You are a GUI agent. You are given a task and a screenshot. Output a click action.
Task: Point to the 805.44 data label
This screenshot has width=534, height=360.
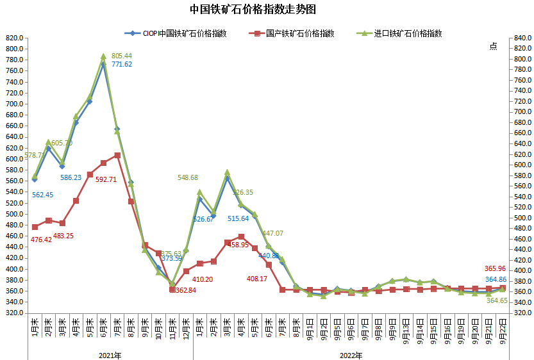[x=122, y=56]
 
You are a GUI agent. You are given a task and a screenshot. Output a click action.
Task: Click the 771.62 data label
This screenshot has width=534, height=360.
[x=122, y=64]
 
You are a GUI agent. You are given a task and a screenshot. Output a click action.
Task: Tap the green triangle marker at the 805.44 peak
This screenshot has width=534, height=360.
[x=103, y=56]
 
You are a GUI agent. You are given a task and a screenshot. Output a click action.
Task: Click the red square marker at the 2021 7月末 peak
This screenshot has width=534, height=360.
[x=117, y=155]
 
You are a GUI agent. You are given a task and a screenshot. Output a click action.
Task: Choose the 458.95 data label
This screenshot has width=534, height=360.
[x=236, y=245]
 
